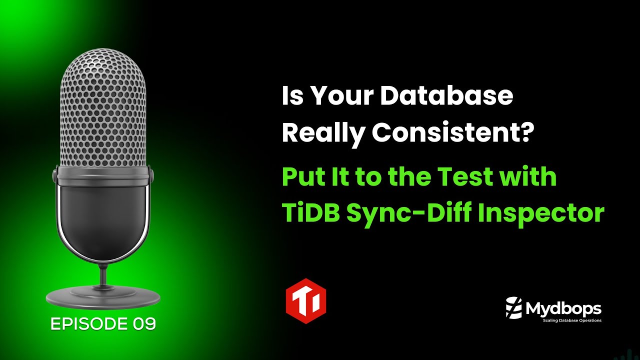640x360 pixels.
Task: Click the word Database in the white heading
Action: pos(447,96)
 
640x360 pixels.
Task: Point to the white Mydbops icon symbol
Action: pos(514,307)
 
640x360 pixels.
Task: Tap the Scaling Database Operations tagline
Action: pos(572,320)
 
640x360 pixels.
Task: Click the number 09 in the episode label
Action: pos(144,324)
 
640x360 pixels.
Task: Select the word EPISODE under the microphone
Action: pos(89,324)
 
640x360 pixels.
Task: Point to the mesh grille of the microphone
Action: pos(103,110)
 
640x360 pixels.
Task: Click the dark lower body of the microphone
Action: pos(103,220)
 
